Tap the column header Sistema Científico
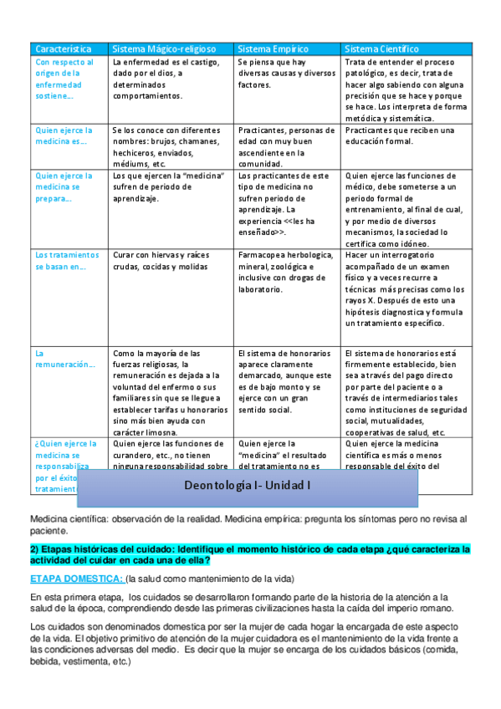tap(381, 49)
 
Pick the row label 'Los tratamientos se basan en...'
tap(68, 260)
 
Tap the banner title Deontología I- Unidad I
tap(247, 485)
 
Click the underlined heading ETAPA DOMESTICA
tap(76, 579)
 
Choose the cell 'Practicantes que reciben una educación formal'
tap(399, 136)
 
